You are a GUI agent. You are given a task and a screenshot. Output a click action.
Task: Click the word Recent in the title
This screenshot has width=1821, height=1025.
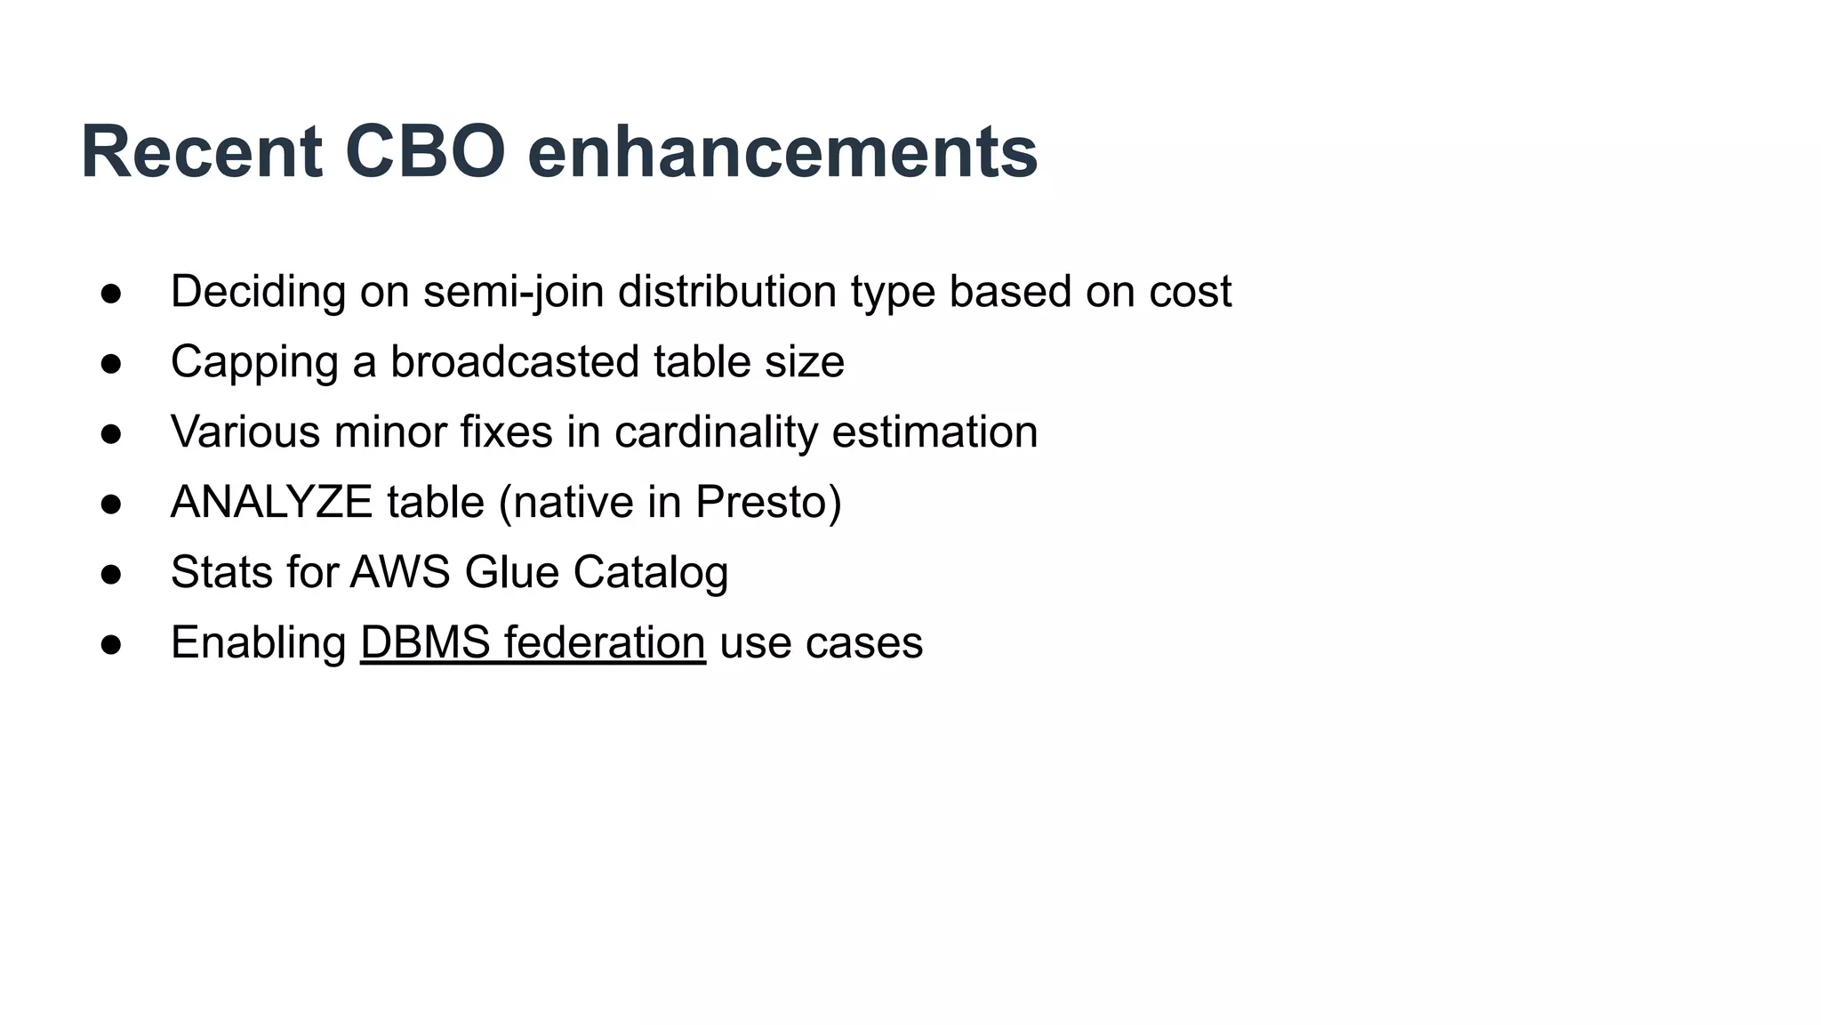(201, 152)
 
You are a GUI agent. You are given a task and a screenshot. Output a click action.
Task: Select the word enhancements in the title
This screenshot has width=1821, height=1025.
(782, 152)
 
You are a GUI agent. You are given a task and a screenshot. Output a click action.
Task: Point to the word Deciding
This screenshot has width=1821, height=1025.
(258, 292)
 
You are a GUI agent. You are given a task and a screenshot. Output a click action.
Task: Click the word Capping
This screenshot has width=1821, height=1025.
(254, 362)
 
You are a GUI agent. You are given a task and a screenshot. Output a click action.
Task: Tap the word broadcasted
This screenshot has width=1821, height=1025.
(515, 362)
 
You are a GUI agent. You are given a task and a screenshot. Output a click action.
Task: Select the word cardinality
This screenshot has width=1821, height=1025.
(716, 432)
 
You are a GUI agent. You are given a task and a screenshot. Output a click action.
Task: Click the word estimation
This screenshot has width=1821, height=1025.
(935, 432)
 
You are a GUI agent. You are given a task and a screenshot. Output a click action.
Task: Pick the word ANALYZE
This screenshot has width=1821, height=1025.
(271, 502)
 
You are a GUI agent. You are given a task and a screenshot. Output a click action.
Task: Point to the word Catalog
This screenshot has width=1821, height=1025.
(651, 572)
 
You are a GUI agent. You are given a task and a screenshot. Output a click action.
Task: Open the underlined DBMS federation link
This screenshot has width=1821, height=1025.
(533, 642)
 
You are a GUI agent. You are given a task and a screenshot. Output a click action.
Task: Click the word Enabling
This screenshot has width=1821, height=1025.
(259, 642)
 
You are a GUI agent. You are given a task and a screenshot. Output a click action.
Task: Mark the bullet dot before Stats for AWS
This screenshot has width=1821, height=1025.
(111, 574)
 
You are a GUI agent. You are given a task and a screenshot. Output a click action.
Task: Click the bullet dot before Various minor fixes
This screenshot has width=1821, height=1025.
(111, 434)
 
